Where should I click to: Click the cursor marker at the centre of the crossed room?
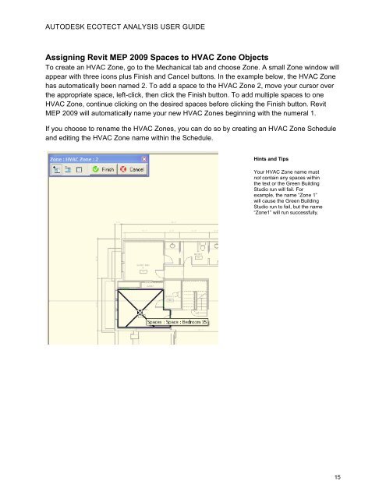point(140,313)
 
